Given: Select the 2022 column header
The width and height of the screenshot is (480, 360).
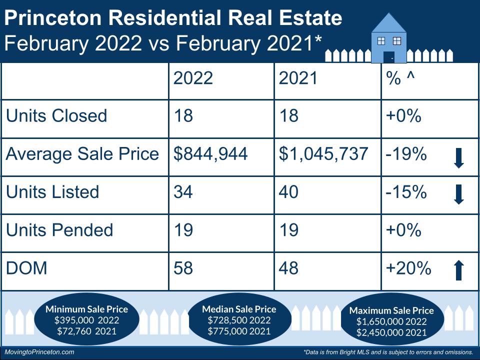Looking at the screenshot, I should [193, 78].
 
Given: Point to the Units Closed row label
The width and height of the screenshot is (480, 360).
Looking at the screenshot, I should [56, 116].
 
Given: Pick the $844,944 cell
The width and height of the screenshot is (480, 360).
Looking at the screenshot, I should [210, 154].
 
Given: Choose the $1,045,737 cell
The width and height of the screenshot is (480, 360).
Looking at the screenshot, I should [323, 154].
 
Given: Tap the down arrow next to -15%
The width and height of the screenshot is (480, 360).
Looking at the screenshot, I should [458, 194].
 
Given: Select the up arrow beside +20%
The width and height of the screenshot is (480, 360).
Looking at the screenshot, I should [458, 270].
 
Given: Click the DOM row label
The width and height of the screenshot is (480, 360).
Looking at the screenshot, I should [26, 268].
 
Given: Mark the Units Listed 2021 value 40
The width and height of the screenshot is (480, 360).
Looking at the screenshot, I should [289, 192].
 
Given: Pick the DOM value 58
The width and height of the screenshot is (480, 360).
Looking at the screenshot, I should [183, 268].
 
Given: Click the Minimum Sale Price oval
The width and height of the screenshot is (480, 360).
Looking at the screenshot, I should [86, 320].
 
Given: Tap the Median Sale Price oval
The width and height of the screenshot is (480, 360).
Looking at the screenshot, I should [239, 320].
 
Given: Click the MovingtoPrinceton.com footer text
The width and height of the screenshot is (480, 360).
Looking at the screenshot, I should [39, 352].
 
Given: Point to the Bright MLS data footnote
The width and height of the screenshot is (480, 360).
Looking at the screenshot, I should [388, 352].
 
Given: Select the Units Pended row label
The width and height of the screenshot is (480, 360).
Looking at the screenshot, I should [59, 230].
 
